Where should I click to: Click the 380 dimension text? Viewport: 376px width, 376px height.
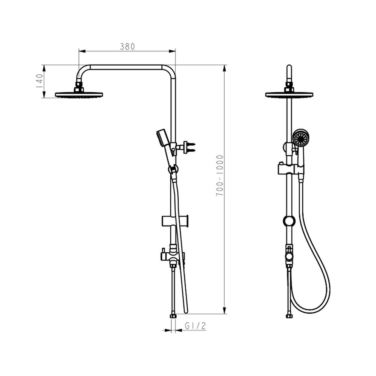tap(127, 47)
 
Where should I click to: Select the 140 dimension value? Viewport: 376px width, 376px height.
tap(39, 81)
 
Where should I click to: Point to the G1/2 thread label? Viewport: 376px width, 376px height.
tap(195, 326)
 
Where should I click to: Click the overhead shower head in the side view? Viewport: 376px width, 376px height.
tap(79, 95)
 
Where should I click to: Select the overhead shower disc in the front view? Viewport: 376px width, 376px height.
tap(289, 95)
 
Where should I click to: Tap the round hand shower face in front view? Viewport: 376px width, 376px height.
tap(301, 138)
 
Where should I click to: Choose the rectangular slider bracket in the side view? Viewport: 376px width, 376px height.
tap(175, 221)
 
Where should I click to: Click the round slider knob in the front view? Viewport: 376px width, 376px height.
tap(289, 221)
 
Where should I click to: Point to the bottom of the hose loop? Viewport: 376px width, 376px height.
tap(310, 311)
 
